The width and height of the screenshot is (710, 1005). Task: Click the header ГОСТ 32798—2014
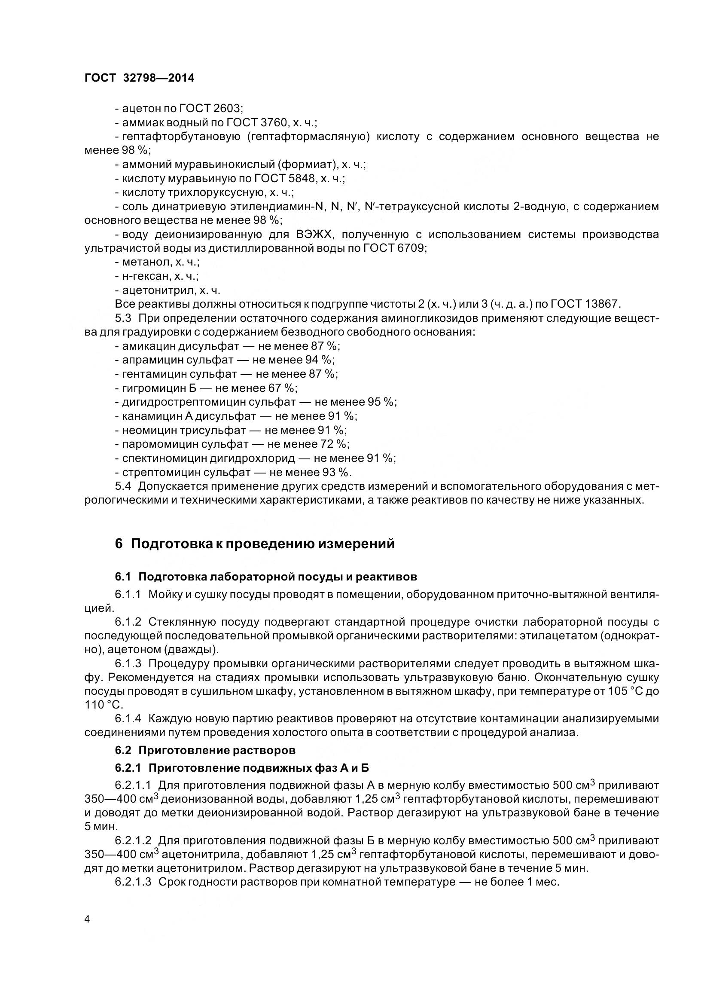pos(139,78)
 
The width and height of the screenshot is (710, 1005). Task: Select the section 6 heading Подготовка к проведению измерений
pos(255,544)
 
